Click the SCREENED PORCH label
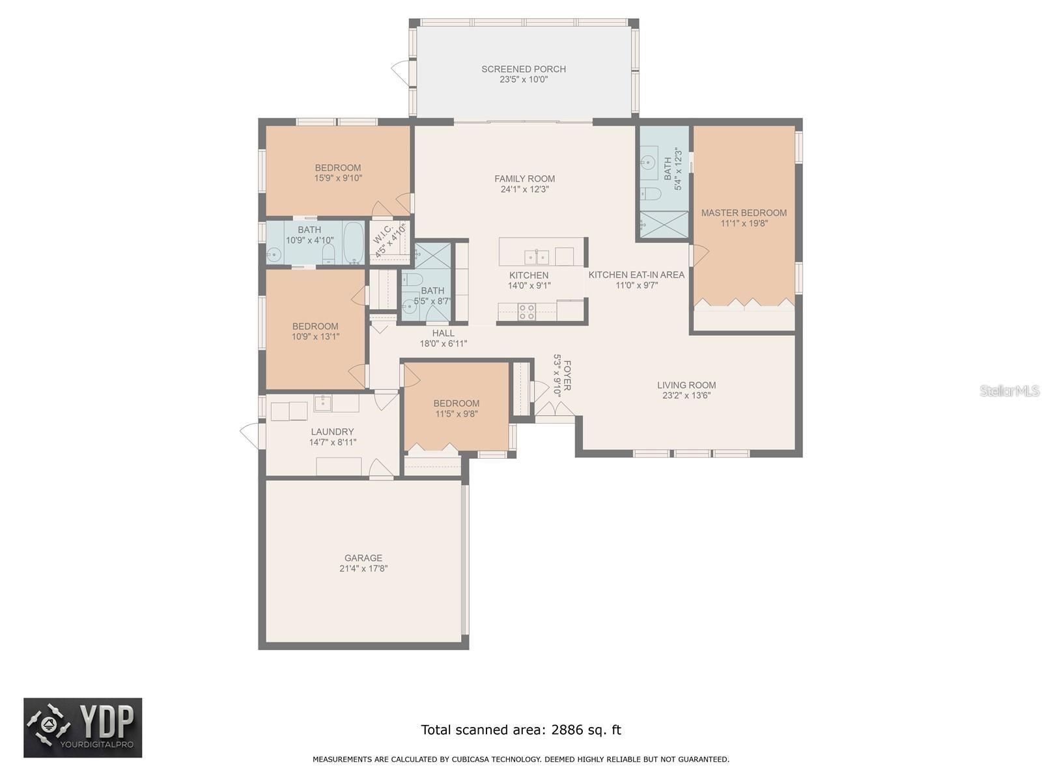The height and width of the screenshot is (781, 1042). (x=523, y=69)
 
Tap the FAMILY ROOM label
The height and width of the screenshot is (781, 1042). (x=524, y=179)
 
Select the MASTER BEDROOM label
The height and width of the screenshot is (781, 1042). (x=744, y=213)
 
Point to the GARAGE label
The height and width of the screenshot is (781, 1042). (x=363, y=558)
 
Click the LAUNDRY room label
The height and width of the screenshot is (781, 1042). (x=332, y=432)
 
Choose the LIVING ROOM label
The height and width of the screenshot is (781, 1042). (x=686, y=385)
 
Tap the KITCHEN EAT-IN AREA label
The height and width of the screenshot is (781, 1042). (x=636, y=275)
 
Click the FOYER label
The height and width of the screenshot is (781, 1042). (x=567, y=375)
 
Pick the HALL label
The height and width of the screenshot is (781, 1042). (x=443, y=333)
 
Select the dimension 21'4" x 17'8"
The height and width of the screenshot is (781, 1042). (x=363, y=569)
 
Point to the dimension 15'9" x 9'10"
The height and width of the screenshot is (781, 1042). (x=338, y=178)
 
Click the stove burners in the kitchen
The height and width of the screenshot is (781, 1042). (x=526, y=312)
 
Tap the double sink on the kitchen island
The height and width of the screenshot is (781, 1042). (x=537, y=258)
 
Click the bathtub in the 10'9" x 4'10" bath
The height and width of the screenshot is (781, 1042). (x=353, y=242)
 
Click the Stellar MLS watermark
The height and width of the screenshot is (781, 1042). (x=1009, y=390)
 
